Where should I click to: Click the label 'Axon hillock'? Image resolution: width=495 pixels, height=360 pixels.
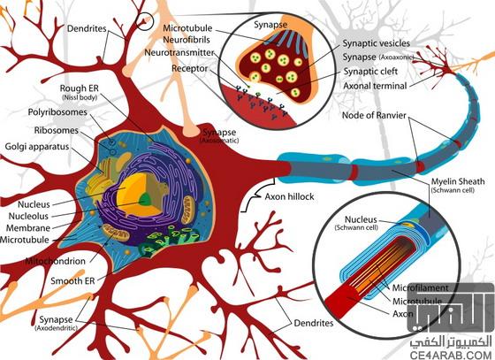click(x=289, y=196)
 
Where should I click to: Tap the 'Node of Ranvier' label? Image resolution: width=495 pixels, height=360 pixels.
click(x=374, y=115)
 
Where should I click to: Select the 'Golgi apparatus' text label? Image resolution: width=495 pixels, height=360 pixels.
click(x=37, y=147)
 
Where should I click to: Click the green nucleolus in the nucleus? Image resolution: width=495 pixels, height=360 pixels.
click(x=145, y=200)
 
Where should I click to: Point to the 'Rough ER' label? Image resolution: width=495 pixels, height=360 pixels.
click(x=80, y=88)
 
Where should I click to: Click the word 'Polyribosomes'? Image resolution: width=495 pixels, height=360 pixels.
click(x=57, y=112)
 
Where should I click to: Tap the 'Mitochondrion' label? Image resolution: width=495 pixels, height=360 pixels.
click(x=55, y=261)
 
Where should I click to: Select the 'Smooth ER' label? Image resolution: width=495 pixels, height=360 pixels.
click(x=72, y=280)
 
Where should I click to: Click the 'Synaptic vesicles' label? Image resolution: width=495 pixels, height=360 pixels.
click(x=377, y=43)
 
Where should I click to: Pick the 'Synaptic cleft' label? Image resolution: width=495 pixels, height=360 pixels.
click(x=370, y=72)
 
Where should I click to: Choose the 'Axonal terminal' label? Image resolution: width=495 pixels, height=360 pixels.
click(x=375, y=86)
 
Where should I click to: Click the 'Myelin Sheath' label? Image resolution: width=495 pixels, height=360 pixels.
click(x=458, y=181)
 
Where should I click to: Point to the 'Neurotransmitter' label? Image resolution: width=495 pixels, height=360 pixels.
click(x=179, y=52)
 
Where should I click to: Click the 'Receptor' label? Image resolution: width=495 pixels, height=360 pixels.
click(x=190, y=68)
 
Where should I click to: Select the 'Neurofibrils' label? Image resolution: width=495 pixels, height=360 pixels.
click(x=187, y=40)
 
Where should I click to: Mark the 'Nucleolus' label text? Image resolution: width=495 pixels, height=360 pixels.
click(x=28, y=217)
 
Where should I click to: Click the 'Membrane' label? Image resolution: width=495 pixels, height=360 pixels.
click(x=28, y=228)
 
